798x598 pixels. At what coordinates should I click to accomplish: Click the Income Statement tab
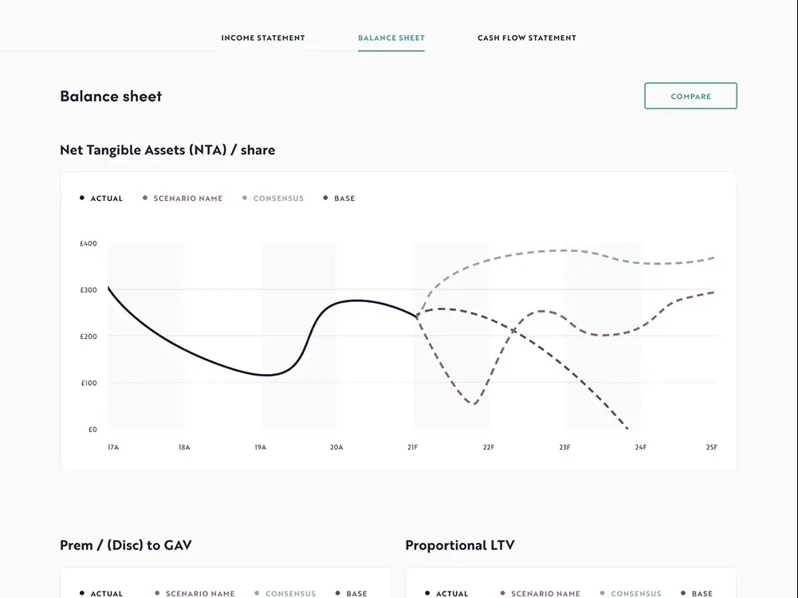click(x=263, y=37)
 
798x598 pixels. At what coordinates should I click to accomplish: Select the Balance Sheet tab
click(x=391, y=37)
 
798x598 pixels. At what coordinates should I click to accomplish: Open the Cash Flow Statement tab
click(x=527, y=37)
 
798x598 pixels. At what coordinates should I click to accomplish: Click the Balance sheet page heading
click(x=111, y=96)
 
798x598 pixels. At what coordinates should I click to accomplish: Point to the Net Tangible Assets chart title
click(x=167, y=150)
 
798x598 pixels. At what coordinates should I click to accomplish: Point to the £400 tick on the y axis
click(x=88, y=244)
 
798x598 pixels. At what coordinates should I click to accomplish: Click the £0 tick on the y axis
click(x=92, y=430)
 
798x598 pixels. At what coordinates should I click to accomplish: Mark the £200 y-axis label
click(x=88, y=336)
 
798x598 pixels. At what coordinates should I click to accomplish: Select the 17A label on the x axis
click(x=113, y=447)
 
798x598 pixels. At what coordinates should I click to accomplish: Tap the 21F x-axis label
click(x=412, y=447)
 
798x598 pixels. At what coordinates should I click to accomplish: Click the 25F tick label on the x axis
click(x=712, y=447)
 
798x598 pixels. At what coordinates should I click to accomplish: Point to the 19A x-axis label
click(x=261, y=447)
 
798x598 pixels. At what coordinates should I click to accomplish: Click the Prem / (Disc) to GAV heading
click(x=126, y=545)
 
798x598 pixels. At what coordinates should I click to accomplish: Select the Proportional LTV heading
click(x=460, y=545)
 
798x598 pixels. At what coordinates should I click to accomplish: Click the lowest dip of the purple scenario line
click(x=474, y=403)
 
